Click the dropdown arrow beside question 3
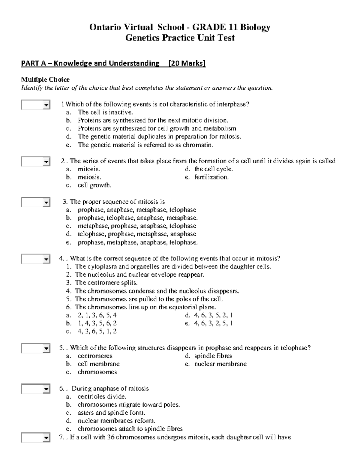pyautogui.click(x=46, y=203)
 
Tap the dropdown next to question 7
pyautogui.click(x=46, y=438)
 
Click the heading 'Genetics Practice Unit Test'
pyautogui.click(x=180, y=38)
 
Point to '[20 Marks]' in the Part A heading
pyautogui.click(x=187, y=63)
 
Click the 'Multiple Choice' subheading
pyautogui.click(x=45, y=80)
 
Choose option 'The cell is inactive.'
pyautogui.click(x=105, y=112)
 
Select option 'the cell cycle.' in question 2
pyautogui.click(x=213, y=169)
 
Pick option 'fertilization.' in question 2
pyautogui.click(x=211, y=177)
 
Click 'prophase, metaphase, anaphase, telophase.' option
pyautogui.click(x=138, y=242)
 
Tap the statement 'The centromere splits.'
pyautogui.click(x=106, y=282)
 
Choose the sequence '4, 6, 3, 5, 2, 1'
pyautogui.click(x=213, y=315)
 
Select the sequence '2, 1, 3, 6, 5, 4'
pyautogui.click(x=97, y=315)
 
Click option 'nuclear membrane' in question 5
pyautogui.click(x=220, y=364)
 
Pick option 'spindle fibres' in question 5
pyautogui.click(x=213, y=356)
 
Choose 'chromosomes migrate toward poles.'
pyautogui.click(x=129, y=404)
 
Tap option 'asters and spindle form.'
pyautogui.click(x=111, y=413)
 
